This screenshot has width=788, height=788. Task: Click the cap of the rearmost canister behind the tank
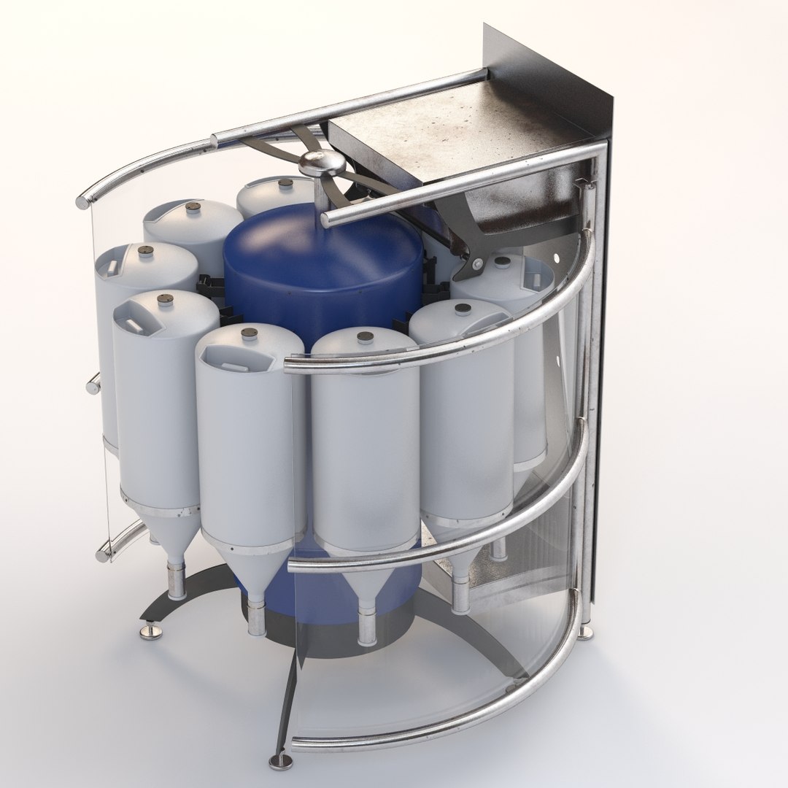[x=285, y=183]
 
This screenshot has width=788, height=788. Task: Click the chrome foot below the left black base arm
[x=152, y=628]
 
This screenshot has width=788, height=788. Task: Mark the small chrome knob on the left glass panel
[x=93, y=383]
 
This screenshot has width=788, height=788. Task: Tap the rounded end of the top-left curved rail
[x=82, y=201]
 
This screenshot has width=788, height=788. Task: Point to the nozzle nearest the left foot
[x=177, y=580]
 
